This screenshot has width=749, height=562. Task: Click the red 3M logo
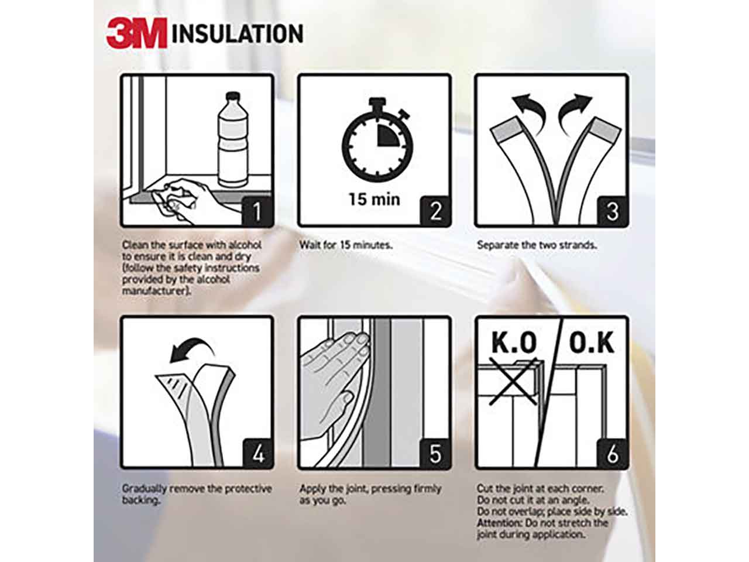(137, 33)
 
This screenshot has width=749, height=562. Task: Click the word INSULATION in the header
(238, 33)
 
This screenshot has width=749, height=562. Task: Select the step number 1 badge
(257, 211)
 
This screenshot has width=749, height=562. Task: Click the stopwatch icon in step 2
(377, 140)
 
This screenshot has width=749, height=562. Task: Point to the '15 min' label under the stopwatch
(374, 200)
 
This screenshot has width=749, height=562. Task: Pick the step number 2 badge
(435, 211)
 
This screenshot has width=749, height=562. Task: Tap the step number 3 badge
(612, 211)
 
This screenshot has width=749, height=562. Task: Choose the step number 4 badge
(258, 454)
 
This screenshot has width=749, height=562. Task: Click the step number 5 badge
(435, 454)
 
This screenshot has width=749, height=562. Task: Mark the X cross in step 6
(513, 382)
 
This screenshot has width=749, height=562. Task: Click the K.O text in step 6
(514, 342)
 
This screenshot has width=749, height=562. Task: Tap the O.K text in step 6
(592, 342)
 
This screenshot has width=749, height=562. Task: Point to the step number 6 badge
(612, 454)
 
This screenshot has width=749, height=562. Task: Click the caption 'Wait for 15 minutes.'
(346, 245)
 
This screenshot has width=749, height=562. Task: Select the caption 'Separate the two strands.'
(537, 245)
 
